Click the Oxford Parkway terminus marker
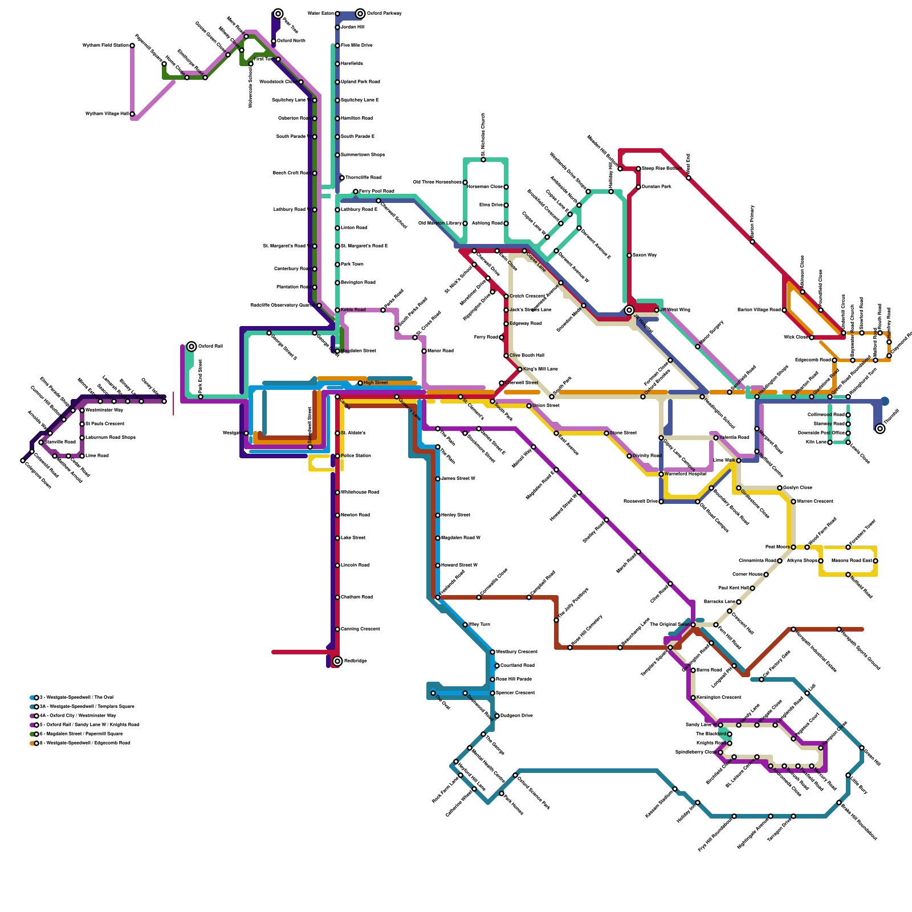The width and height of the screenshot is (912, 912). [x=360, y=14]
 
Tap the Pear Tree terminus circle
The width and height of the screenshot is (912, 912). [x=278, y=14]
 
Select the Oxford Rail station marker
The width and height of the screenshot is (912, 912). [x=192, y=347]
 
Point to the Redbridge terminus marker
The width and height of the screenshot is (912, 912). [x=337, y=661]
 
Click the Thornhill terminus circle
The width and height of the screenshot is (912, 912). [x=880, y=429]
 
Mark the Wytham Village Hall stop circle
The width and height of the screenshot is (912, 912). [x=132, y=114]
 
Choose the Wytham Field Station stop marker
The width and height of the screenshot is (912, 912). [x=132, y=46]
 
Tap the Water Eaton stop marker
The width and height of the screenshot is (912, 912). [x=337, y=14]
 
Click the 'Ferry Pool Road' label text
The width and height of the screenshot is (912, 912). [x=376, y=191]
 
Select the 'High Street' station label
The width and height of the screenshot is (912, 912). [x=376, y=382]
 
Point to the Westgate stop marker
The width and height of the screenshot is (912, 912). [x=246, y=433]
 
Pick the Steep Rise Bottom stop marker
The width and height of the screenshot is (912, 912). [x=638, y=169]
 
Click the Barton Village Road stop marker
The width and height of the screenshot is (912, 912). [x=784, y=310]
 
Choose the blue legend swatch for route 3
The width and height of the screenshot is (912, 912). [x=32, y=698]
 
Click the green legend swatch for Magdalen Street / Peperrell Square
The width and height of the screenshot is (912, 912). [x=32, y=734]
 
